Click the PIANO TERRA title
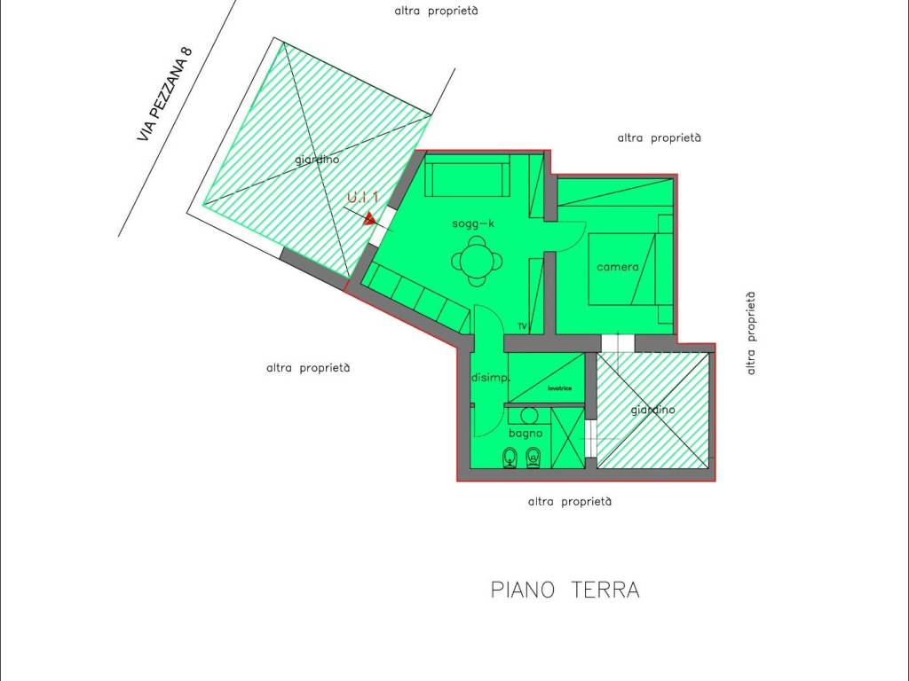tap(565, 590)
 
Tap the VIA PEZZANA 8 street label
tap(164, 93)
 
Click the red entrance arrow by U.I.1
tap(369, 219)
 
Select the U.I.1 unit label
tap(363, 197)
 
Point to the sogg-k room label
tap(473, 223)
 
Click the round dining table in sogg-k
tap(477, 262)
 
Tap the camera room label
tap(618, 267)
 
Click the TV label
tap(522, 326)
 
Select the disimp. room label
tap(490, 378)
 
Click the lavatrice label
tap(559, 388)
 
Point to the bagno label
tap(526, 433)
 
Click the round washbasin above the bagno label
tap(529, 415)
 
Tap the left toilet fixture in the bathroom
tap(510, 458)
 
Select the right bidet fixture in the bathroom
tap(534, 458)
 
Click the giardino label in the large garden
tap(317, 160)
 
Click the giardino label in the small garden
tap(652, 410)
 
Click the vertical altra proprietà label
tap(751, 333)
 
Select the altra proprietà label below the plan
tap(569, 502)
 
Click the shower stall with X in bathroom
tap(567, 438)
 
